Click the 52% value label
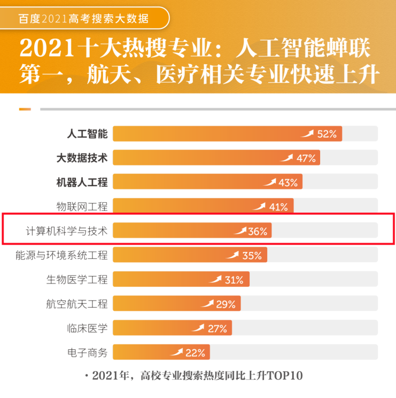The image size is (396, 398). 327,134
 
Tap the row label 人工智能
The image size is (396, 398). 88,134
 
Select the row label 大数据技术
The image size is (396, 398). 82,158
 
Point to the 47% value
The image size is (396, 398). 306,158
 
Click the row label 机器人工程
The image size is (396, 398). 82,182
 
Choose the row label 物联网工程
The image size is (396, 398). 82,207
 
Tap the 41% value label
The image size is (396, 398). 278,207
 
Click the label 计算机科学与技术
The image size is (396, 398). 67,231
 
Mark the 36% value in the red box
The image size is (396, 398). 258,232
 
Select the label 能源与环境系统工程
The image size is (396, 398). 62,256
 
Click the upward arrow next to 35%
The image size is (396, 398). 232,255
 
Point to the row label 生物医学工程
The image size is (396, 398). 77,280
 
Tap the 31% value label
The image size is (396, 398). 234,280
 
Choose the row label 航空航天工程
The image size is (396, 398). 77,304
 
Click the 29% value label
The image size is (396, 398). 226,304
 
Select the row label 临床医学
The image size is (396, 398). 88,328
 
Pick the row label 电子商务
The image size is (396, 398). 88,353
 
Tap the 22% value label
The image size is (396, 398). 195,353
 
